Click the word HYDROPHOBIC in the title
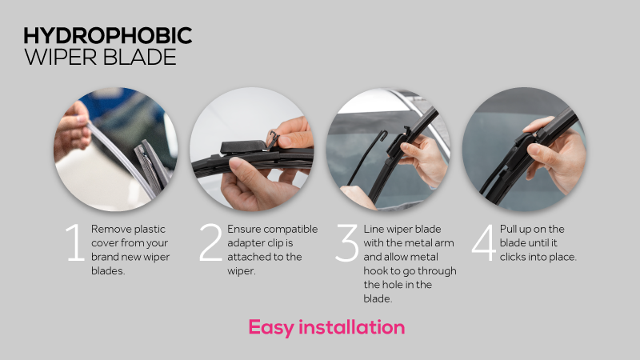pyautogui.click(x=107, y=36)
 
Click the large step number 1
pyautogui.click(x=75, y=243)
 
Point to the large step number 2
pyautogui.click(x=210, y=243)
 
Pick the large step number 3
pyautogui.click(x=346, y=243)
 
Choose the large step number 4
pyautogui.click(x=483, y=243)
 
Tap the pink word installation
pyautogui.click(x=354, y=327)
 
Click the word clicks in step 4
pyautogui.click(x=514, y=257)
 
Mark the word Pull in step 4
pyautogui.click(x=513, y=229)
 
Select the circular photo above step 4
pyautogui.click(x=524, y=152)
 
